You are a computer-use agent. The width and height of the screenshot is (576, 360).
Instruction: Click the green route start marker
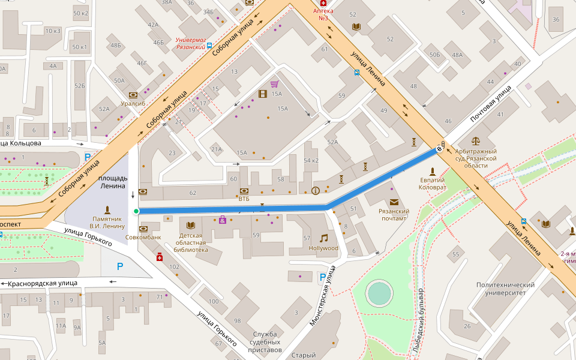[136, 211]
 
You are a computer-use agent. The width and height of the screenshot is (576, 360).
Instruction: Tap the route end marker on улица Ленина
[440, 149]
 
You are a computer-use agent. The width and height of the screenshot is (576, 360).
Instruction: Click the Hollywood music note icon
[323, 238]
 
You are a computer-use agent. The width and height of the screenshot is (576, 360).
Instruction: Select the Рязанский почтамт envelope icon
[394, 202]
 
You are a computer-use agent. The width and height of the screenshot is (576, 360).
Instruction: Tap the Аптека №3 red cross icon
[323, 3]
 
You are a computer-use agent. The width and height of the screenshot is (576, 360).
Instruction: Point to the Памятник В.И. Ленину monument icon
[107, 209]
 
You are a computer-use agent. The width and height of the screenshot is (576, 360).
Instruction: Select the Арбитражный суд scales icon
[476, 141]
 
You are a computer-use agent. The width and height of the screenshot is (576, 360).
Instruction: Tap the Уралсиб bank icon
[133, 95]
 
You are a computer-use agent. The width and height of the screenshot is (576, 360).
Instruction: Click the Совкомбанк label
[143, 237]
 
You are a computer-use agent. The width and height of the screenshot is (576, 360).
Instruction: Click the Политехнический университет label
[505, 289]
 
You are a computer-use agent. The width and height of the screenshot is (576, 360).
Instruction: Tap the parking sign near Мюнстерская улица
[322, 277]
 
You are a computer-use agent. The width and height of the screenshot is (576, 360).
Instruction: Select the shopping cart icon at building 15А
[274, 84]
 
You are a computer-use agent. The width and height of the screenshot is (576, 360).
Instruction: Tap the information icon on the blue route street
[316, 191]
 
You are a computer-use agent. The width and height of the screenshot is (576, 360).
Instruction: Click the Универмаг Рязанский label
[190, 44]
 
